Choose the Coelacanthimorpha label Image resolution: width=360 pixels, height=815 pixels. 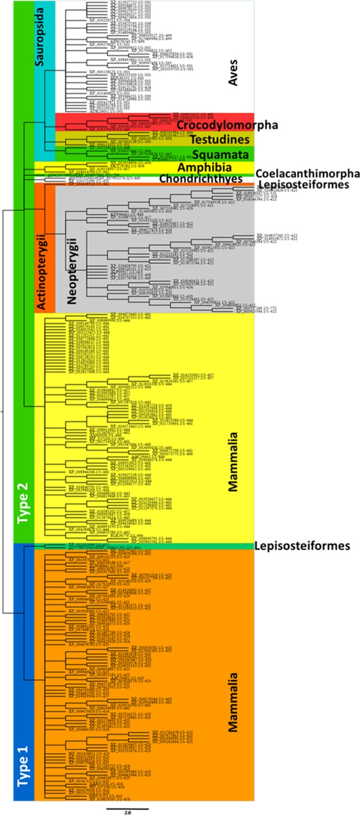[x=307, y=174]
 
